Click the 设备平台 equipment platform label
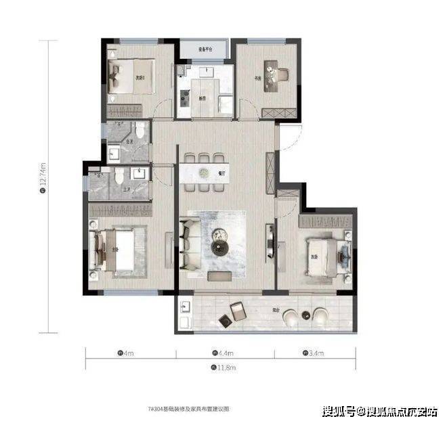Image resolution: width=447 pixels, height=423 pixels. pyautogui.click(x=206, y=50)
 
